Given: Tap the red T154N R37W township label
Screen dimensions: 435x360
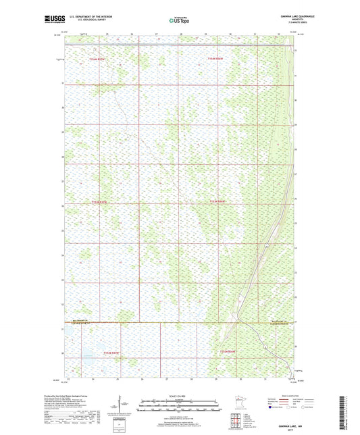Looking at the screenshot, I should [99, 59].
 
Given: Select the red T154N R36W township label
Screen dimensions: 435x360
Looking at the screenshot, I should [215, 59].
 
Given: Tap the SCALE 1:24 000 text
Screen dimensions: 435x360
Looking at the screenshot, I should [180, 396].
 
